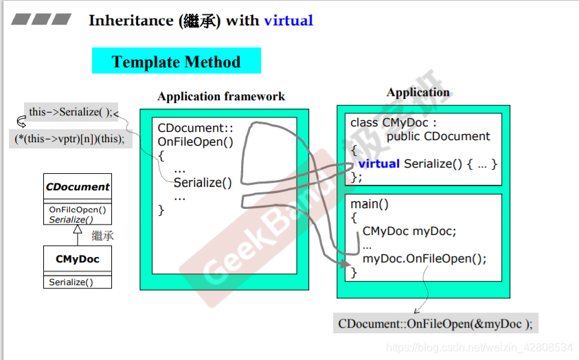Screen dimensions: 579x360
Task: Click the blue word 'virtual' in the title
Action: [288, 21]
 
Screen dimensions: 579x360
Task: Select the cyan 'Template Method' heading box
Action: [176, 62]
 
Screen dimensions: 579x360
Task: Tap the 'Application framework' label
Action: [221, 96]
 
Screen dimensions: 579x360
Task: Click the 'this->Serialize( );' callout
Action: [70, 111]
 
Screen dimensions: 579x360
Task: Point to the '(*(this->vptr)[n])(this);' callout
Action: [69, 138]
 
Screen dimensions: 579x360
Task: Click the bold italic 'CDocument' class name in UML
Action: [78, 187]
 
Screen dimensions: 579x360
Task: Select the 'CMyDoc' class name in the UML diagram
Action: [78, 259]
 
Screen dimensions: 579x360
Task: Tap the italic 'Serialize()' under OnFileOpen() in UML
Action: [71, 219]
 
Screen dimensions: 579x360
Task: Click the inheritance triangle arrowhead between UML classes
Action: [78, 232]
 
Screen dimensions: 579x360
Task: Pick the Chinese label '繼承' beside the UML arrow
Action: [102, 236]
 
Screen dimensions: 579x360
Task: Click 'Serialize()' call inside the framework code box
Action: [203, 183]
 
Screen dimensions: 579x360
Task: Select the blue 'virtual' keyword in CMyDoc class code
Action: [378, 164]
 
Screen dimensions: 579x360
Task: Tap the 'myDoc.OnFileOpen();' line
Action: [424, 258]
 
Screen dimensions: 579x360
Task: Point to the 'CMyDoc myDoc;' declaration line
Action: [409, 231]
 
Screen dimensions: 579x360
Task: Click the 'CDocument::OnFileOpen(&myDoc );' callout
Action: [435, 323]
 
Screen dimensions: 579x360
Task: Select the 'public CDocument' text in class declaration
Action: [438, 136]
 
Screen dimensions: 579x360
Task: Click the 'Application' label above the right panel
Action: [418, 92]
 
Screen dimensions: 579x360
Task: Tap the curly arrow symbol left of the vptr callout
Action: [21, 123]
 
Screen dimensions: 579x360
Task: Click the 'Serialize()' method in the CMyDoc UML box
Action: [71, 282]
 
